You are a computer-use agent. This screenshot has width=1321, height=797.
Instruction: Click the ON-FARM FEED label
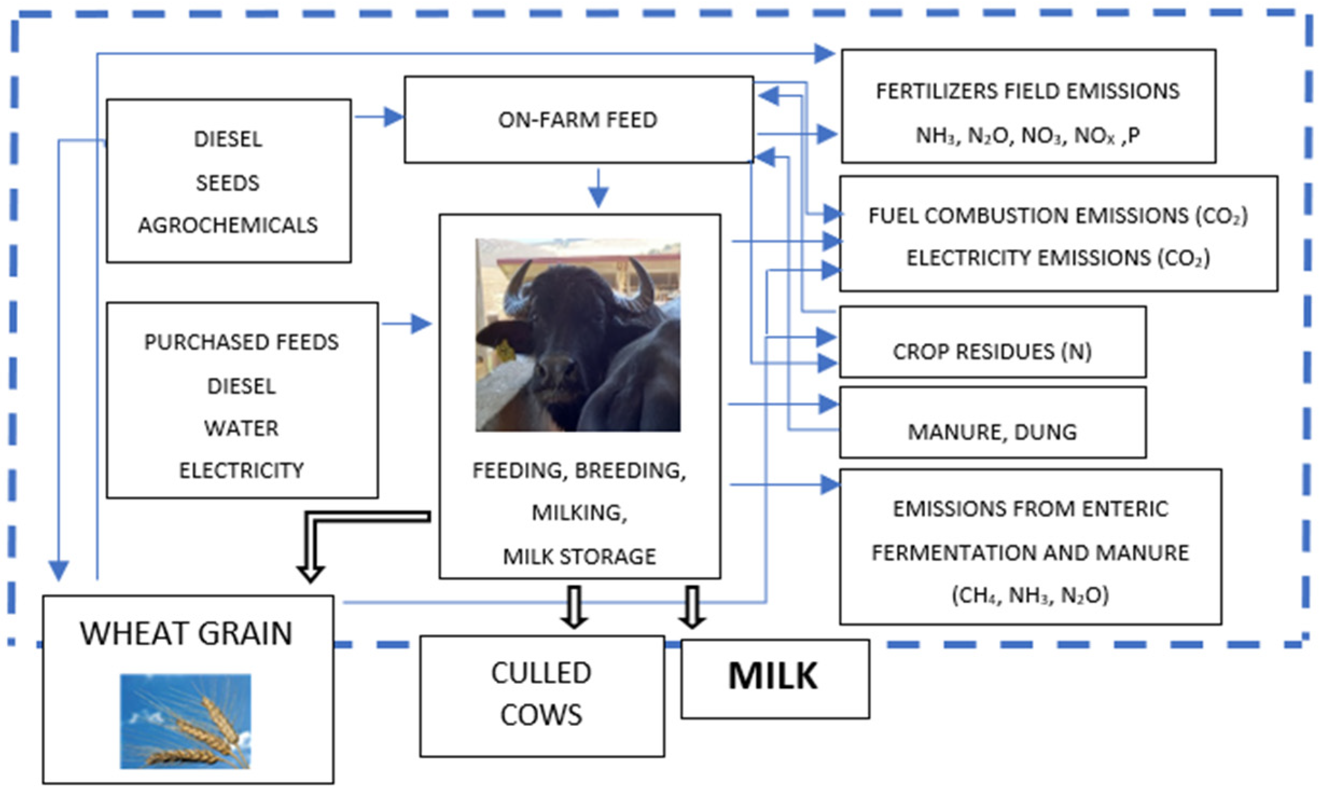point(577,120)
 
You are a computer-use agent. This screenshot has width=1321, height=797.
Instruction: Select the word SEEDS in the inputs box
point(227,183)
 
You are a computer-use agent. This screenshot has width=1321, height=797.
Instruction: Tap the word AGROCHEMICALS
point(228,225)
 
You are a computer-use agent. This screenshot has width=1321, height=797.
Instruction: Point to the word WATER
point(241,428)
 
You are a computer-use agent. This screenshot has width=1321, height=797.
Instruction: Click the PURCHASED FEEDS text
point(241,342)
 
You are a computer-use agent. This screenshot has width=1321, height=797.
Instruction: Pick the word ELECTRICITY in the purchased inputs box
point(241,470)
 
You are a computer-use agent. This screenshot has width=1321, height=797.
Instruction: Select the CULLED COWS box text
point(541,694)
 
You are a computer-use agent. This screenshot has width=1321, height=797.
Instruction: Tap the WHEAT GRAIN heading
point(186,633)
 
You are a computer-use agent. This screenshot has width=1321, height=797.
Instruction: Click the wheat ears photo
point(185,721)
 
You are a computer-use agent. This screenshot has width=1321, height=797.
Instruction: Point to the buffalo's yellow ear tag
point(505,350)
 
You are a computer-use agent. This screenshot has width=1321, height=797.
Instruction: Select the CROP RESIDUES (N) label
point(992,352)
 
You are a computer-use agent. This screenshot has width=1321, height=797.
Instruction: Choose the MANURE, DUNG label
point(992,432)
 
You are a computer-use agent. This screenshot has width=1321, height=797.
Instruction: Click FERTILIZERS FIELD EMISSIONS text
point(1028,91)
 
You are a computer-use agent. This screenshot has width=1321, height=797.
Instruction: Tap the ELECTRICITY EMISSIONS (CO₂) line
point(1058,258)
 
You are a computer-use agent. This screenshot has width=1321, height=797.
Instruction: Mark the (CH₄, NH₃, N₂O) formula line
point(1030,595)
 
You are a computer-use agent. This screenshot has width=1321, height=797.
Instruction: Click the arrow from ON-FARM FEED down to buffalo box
point(598,189)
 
